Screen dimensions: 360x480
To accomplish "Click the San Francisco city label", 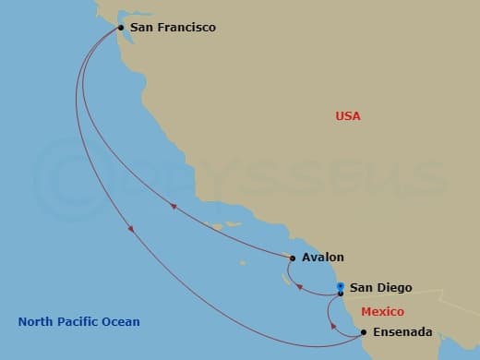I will click(x=173, y=28).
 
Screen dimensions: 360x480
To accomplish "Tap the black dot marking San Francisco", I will click(x=121, y=28).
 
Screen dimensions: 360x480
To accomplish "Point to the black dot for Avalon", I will click(x=293, y=258).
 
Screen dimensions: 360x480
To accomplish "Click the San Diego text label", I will click(x=380, y=288).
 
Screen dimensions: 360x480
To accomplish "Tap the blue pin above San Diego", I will click(x=341, y=286).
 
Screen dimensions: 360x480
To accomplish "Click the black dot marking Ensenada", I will click(x=363, y=332).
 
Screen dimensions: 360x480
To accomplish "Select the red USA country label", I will click(x=348, y=116).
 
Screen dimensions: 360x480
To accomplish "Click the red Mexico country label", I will click(x=381, y=311).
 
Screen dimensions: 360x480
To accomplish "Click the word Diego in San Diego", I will click(x=396, y=288).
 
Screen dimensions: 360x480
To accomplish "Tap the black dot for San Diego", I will click(x=341, y=294).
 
